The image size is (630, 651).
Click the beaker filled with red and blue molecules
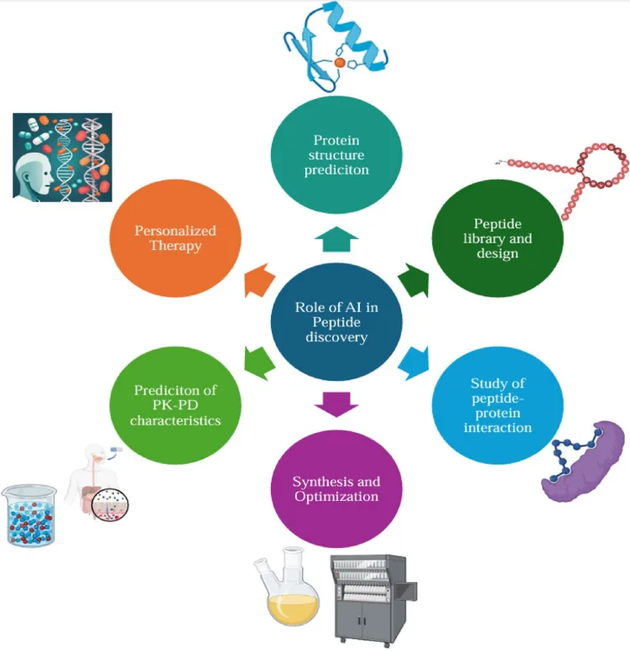tap(29, 515)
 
